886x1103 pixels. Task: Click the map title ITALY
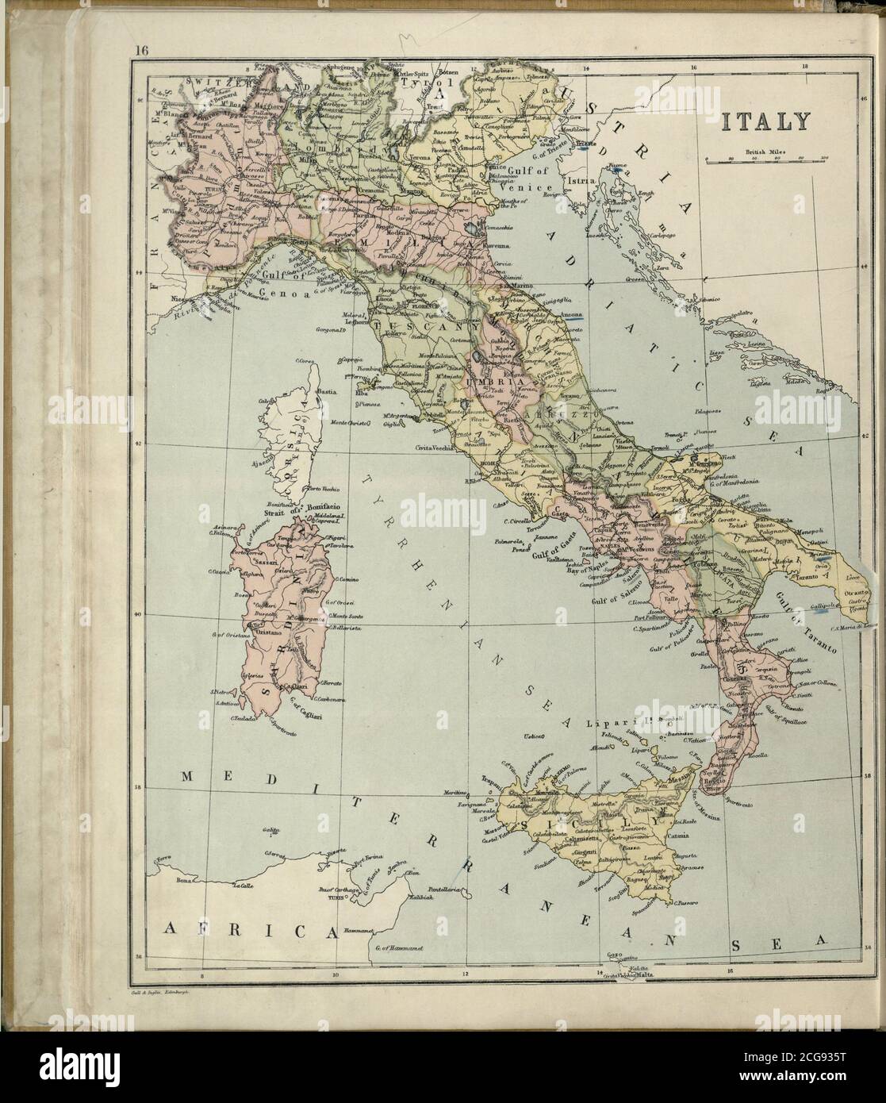765,121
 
